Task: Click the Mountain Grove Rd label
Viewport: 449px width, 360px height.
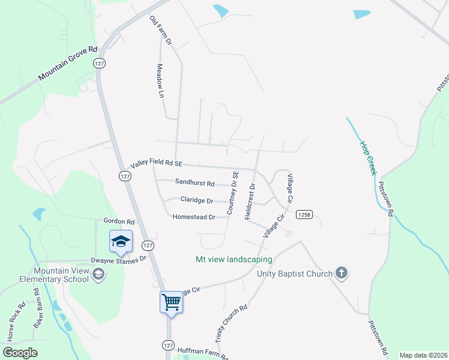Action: (67, 65)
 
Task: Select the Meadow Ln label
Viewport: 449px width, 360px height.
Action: (160, 81)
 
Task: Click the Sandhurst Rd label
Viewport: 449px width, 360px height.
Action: (194, 182)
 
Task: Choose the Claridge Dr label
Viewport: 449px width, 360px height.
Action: (197, 200)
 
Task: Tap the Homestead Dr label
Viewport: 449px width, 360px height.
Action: (193, 217)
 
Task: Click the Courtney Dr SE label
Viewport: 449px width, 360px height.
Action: (233, 193)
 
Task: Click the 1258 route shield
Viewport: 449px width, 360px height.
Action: (303, 215)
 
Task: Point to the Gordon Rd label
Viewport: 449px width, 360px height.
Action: (119, 221)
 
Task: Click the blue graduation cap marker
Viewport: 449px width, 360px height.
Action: (121, 241)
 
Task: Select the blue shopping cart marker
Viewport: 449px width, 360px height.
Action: (171, 302)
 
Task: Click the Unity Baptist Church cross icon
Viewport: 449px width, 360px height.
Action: (342, 274)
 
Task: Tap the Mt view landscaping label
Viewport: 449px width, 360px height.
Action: (234, 260)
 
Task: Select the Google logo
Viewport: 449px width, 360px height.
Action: (20, 353)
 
